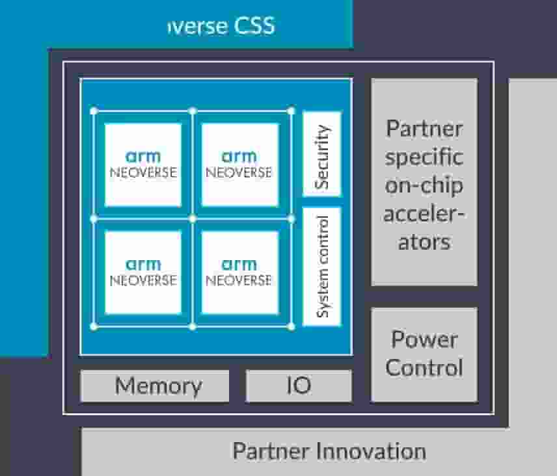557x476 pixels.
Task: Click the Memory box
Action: coord(155,386)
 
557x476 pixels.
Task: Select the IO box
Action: coord(299,386)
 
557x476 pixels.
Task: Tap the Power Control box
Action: coord(424,354)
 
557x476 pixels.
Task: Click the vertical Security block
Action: coord(321,154)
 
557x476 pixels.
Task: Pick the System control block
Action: coord(321,267)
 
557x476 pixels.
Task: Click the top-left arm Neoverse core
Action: coord(143,165)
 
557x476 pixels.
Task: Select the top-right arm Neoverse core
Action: coord(239,165)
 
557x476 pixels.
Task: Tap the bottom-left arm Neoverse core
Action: coord(143,272)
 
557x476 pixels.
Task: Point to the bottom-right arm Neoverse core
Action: coord(239,272)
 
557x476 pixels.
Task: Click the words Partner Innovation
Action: coord(329,451)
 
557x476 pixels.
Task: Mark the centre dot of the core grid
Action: coord(193,218)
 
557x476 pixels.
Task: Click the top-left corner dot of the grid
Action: coord(94,111)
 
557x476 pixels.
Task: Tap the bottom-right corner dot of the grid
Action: coord(291,326)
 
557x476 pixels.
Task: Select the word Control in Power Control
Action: coord(424,368)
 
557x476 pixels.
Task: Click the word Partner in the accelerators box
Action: coord(424,128)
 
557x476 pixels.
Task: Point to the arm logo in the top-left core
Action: coord(143,157)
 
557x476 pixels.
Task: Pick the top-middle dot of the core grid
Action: coord(193,111)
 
